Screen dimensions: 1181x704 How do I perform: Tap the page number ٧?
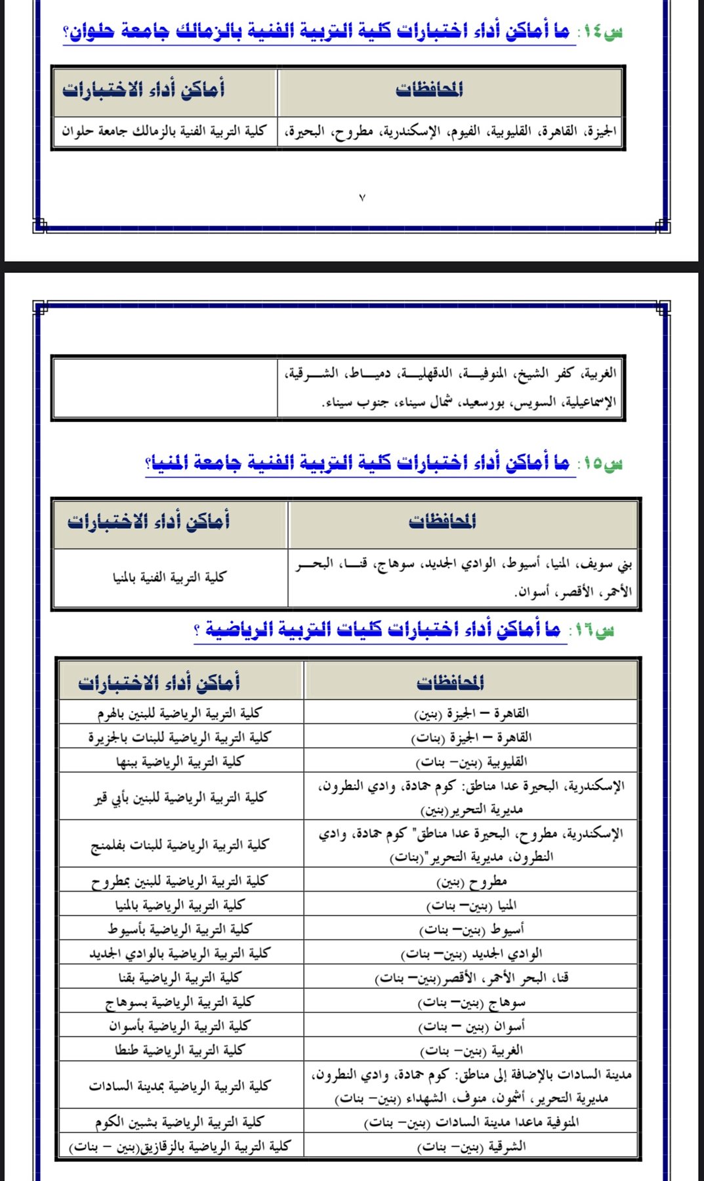click(x=362, y=197)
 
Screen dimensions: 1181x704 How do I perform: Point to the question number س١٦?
click(x=593, y=631)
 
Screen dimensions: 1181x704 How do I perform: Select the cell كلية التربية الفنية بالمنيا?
click(x=169, y=577)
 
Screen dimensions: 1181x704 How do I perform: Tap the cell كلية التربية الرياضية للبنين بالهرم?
click(x=179, y=713)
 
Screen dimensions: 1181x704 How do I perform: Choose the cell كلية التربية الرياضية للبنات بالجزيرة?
click(x=179, y=737)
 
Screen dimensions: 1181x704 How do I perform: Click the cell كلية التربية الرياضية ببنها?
click(x=179, y=762)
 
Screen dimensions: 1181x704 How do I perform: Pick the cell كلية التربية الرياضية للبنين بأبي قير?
click(x=179, y=797)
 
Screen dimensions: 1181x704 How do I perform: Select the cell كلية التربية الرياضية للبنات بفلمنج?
click(x=179, y=844)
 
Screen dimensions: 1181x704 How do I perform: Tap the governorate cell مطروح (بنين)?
click(x=472, y=881)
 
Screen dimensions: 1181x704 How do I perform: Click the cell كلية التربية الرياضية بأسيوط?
click(x=179, y=929)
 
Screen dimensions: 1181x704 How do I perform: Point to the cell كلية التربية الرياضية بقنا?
click(x=179, y=978)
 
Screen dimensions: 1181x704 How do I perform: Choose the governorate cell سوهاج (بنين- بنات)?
click(x=472, y=1003)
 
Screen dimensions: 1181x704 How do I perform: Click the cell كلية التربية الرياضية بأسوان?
click(x=179, y=1026)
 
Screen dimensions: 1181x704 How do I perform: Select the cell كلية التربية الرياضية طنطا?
click(x=179, y=1050)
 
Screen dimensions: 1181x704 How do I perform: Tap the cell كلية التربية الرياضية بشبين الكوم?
click(x=179, y=1123)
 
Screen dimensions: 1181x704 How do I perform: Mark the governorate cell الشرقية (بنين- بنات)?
click(x=472, y=1147)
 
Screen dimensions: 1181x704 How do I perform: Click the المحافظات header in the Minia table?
click(x=442, y=522)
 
